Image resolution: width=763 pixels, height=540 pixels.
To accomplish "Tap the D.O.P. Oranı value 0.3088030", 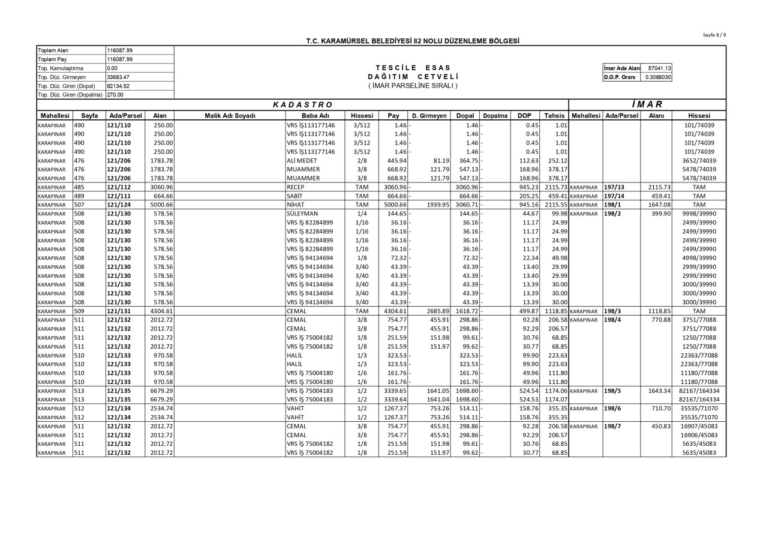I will [x=659, y=77].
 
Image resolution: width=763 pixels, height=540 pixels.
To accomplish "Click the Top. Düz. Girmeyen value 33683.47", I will [x=118, y=77].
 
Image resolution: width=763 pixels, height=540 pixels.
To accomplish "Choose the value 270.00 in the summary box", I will [x=115, y=95].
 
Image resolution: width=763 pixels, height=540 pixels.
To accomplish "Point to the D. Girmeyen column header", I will [x=429, y=115].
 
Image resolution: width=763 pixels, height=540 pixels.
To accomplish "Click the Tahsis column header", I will [x=554, y=115].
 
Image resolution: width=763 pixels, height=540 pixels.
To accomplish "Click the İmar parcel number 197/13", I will [x=614, y=187].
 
